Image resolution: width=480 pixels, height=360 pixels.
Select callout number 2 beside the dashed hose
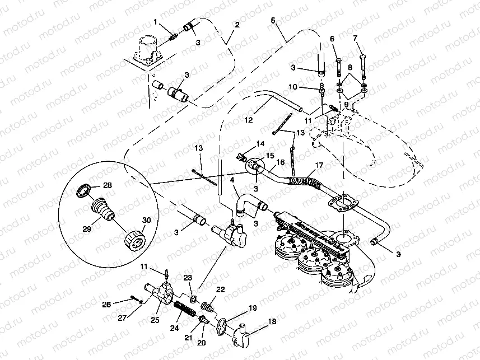pos(237,25)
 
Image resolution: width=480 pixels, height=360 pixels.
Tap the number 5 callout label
pos(273,21)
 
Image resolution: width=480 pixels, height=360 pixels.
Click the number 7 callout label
pos(355,38)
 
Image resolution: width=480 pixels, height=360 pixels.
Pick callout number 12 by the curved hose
pos(249,119)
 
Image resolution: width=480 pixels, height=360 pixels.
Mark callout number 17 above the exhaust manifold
pos(318,166)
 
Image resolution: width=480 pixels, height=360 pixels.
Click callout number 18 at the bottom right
pos(272,322)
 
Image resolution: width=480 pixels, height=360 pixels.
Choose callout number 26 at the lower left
pos(106,305)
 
